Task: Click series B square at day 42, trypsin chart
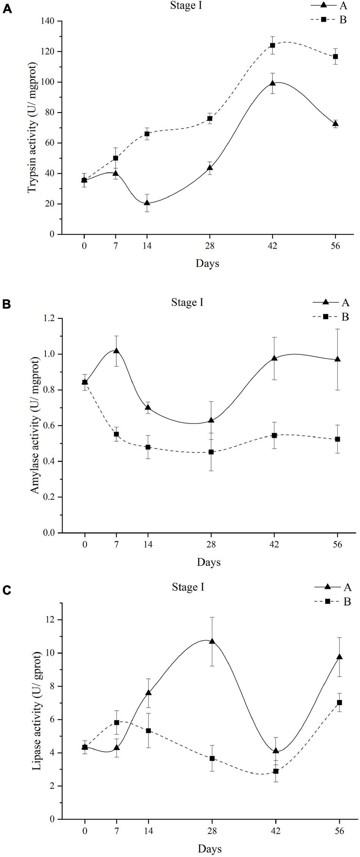click(x=272, y=45)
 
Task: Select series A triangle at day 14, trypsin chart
click(x=147, y=203)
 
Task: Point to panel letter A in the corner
click(x=6, y=8)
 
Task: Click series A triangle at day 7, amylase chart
click(x=116, y=351)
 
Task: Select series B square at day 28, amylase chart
click(x=211, y=452)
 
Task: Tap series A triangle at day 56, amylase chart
click(x=338, y=359)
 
